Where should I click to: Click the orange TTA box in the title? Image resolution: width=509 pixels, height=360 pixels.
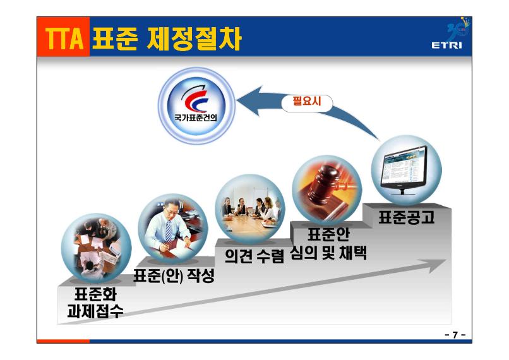click(63, 37)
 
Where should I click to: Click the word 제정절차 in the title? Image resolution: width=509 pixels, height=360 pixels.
click(194, 39)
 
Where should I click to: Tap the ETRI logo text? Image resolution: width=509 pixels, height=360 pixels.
click(446, 45)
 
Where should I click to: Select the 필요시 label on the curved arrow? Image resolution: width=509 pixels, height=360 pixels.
click(307, 101)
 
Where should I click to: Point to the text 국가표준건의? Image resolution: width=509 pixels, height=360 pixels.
click(196, 117)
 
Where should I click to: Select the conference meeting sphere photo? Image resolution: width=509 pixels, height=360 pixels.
click(249, 208)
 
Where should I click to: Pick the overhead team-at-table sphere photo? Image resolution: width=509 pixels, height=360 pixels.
click(96, 248)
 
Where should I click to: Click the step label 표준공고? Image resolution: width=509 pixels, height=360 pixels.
click(407, 217)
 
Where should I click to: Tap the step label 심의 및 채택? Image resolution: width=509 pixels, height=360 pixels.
click(328, 253)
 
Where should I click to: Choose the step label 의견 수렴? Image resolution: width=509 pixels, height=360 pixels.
click(254, 256)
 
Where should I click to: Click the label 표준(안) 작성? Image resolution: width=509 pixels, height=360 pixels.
click(174, 276)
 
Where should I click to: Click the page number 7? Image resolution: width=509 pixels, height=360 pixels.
click(455, 335)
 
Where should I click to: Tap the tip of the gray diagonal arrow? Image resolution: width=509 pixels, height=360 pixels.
click(446, 260)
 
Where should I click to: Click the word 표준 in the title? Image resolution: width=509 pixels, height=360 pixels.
click(115, 39)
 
